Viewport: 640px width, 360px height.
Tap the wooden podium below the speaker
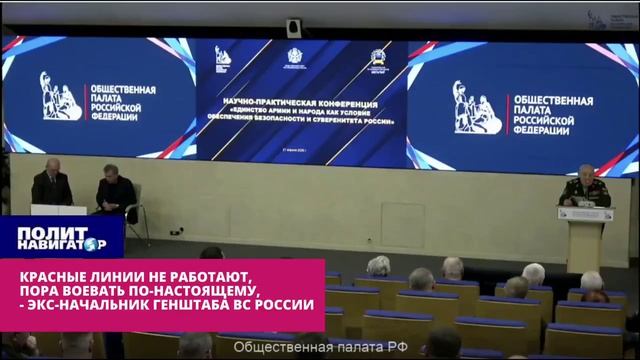point(586,240)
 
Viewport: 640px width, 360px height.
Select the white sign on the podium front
point(585,213)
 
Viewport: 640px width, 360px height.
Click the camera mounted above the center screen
point(294,27)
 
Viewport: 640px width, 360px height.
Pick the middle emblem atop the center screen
point(296,57)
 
